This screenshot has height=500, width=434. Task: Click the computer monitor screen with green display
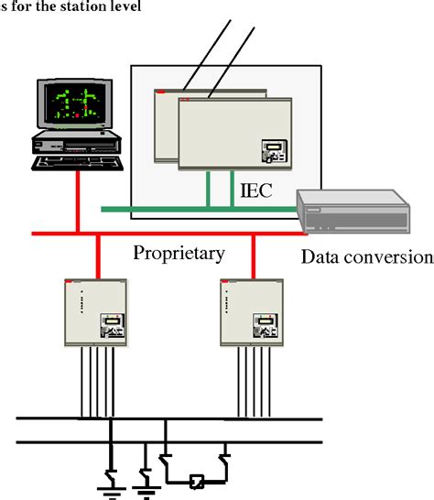coord(72,103)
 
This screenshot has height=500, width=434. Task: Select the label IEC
coord(255,191)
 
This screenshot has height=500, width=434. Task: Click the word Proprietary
coord(179,251)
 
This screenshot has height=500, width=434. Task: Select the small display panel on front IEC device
coord(274,151)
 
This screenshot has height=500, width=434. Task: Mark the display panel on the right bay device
coord(268,323)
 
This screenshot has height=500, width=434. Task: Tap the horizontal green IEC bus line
coord(183,209)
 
